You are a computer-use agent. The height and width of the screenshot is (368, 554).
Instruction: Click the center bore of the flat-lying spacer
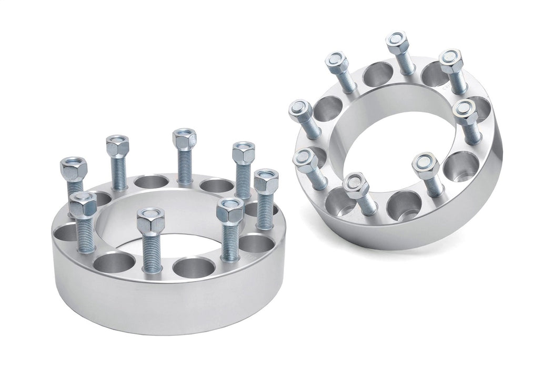174,231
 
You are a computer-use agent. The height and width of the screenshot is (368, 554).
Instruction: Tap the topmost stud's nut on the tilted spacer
396,40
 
